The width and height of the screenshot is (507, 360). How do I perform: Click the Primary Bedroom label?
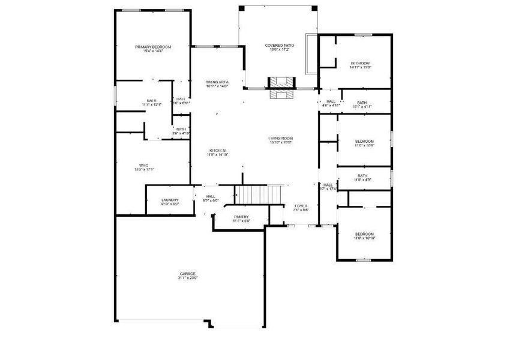coord(153,47)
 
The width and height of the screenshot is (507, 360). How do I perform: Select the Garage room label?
coord(187,274)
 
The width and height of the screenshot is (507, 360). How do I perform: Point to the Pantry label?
coord(241,217)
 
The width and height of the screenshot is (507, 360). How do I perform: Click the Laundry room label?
coord(170,200)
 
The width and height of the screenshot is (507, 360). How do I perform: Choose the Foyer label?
coord(301,206)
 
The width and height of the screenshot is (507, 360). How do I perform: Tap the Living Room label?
coord(280,139)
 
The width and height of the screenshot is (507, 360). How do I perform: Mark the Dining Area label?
coord(217,82)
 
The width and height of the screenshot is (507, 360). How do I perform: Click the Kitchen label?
coord(217,150)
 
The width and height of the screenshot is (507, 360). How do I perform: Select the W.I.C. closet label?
coord(144,165)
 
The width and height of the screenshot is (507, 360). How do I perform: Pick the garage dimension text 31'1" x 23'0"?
coord(187,278)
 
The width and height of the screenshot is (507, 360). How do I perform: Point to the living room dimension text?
coord(280,143)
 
